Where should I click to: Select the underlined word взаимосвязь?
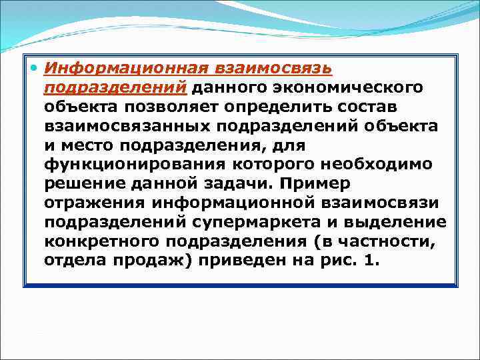click(274, 68)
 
